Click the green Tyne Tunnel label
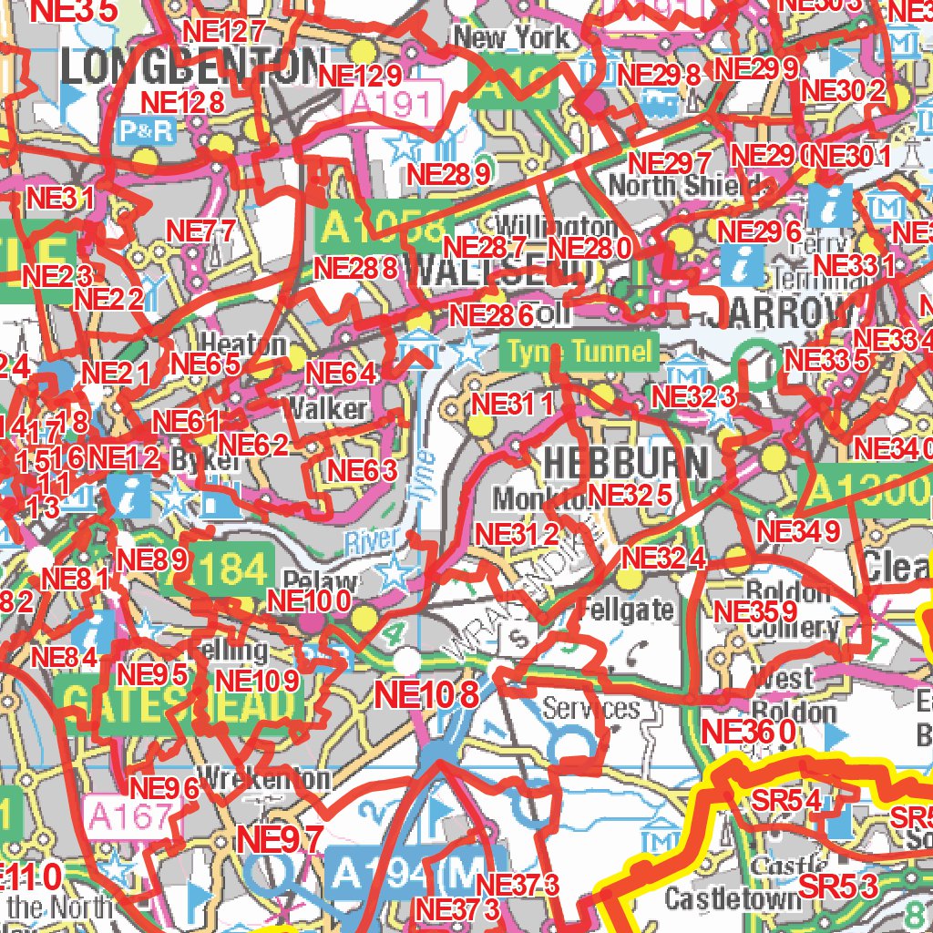580,352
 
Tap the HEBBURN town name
625,462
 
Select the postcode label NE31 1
511,404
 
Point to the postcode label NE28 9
450,173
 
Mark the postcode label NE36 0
749,731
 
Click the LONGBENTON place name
193,67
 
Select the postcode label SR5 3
838,885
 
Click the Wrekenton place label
263,778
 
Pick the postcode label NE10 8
426,696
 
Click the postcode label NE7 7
201,231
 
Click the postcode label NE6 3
363,470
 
